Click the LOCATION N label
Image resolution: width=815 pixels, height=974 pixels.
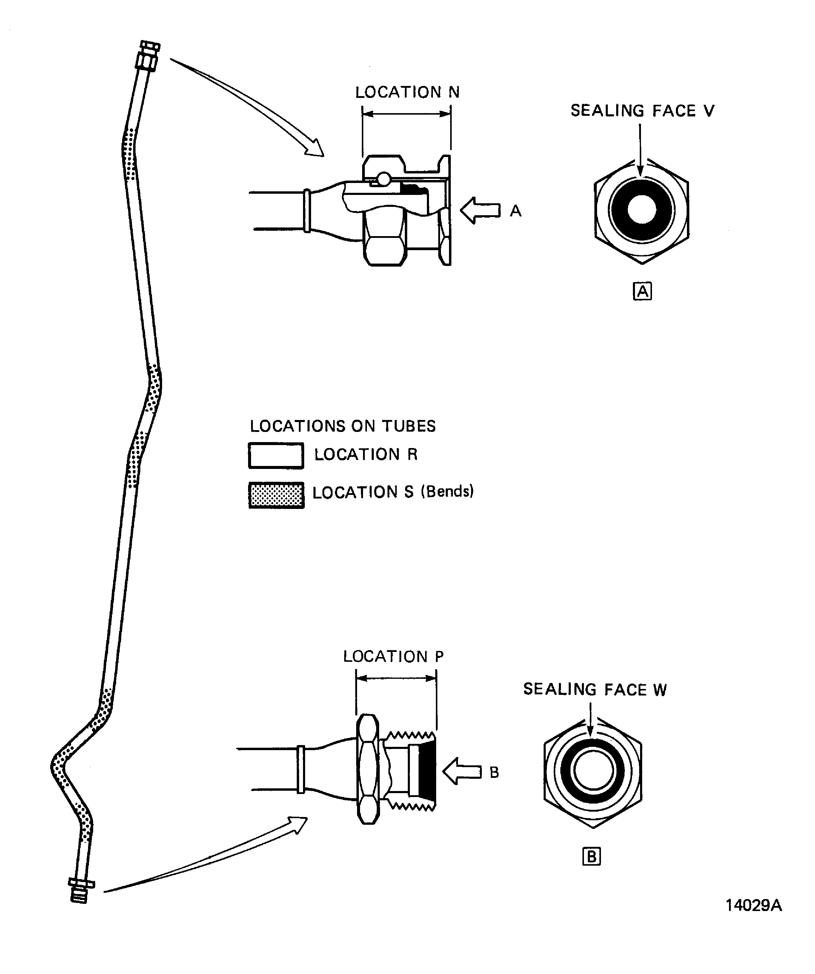(407, 92)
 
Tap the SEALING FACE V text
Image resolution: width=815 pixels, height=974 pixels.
(642, 111)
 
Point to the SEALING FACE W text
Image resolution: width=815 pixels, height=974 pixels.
(595, 690)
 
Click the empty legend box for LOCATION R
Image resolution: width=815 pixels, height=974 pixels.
(276, 456)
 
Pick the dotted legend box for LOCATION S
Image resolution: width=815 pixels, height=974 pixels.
(276, 495)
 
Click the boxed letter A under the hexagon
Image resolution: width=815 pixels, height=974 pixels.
(642, 291)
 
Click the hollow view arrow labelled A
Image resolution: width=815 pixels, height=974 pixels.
(480, 210)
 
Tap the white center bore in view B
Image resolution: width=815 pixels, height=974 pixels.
(593, 770)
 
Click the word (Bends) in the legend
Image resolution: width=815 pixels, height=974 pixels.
(447, 491)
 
